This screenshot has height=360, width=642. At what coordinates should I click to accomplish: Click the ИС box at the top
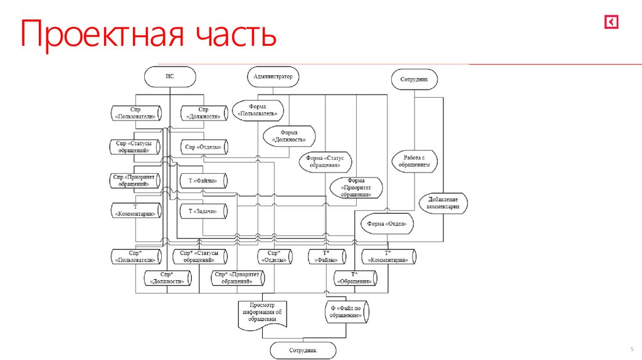pyautogui.click(x=169, y=77)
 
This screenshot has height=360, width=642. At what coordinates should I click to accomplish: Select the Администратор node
pyautogui.click(x=273, y=77)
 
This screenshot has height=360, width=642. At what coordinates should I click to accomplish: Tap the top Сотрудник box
pyautogui.click(x=414, y=80)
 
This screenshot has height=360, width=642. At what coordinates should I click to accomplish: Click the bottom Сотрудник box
pyautogui.click(x=303, y=350)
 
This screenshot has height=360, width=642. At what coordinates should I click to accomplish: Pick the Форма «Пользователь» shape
pyautogui.click(x=258, y=111)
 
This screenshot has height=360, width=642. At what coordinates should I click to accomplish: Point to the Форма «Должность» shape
pyautogui.click(x=289, y=136)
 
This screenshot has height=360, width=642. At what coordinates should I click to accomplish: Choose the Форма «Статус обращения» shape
pyautogui.click(x=325, y=162)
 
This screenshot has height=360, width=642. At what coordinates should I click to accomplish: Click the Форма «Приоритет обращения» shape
pyautogui.click(x=356, y=188)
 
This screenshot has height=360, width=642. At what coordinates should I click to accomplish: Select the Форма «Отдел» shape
pyautogui.click(x=387, y=224)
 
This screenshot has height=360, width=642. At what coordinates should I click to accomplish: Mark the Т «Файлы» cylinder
pyautogui.click(x=203, y=181)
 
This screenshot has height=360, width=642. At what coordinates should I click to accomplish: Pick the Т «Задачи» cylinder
pyautogui.click(x=203, y=211)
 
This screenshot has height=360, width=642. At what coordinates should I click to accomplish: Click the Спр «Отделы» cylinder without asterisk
pyautogui.click(x=203, y=147)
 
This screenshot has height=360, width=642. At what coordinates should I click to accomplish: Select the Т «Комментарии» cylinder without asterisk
pyautogui.click(x=135, y=210)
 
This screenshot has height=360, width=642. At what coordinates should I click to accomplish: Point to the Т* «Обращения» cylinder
pyautogui.click(x=355, y=278)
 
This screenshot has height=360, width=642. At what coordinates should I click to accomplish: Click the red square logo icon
pyautogui.click(x=612, y=23)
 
